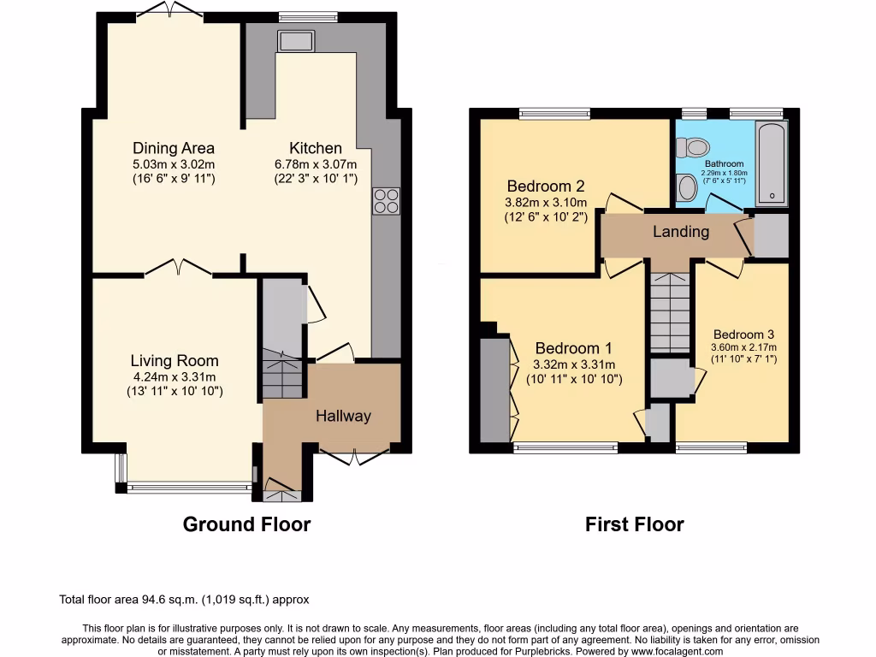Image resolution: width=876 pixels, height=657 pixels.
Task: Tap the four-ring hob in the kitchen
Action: tap(385, 200)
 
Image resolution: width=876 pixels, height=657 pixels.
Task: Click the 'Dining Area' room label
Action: tap(174, 148)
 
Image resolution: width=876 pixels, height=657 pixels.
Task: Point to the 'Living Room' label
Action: tap(175, 361)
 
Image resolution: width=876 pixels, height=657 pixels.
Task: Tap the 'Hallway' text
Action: tap(343, 417)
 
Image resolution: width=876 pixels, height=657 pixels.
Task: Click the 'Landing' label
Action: tap(681, 232)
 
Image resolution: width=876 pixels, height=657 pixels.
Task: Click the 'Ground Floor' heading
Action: tap(246, 524)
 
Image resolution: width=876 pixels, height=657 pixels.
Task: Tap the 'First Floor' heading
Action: tap(634, 524)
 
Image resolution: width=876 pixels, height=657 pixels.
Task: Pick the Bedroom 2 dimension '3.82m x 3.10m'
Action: tap(546, 202)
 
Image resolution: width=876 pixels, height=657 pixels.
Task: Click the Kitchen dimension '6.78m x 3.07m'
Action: tap(315, 164)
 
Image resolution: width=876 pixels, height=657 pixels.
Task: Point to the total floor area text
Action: tap(183, 600)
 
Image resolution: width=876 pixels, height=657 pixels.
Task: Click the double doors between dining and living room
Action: tap(178, 269)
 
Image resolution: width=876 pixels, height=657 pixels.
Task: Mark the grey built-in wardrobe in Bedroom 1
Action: tap(494, 390)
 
